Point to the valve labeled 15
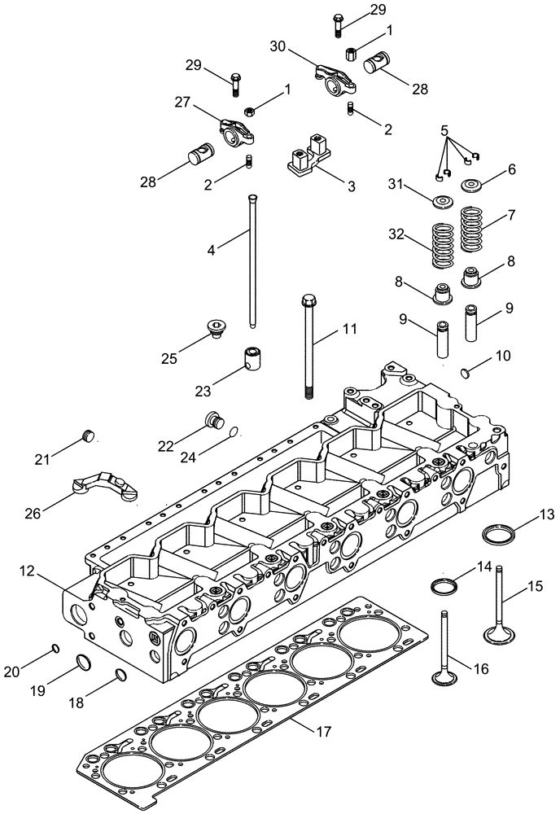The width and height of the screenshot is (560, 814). click(x=498, y=602)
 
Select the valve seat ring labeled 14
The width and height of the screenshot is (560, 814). click(x=444, y=585)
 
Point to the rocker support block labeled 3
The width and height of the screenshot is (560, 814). click(x=308, y=155)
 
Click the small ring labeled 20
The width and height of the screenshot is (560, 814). click(x=55, y=648)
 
